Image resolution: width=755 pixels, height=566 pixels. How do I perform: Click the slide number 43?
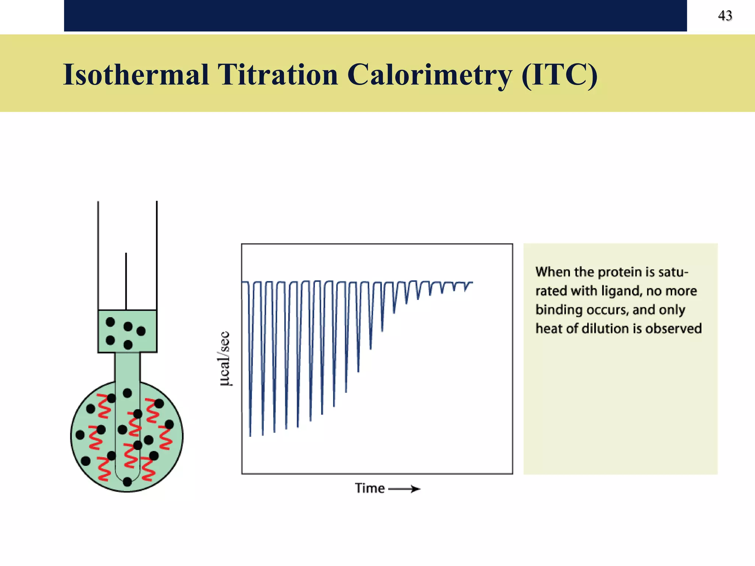(x=725, y=15)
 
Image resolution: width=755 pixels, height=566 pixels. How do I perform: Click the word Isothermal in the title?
(x=136, y=75)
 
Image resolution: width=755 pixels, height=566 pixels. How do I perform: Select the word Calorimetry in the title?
(x=429, y=75)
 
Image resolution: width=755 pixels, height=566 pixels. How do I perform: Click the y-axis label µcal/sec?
(x=225, y=359)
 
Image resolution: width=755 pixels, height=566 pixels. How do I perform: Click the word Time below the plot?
(x=369, y=488)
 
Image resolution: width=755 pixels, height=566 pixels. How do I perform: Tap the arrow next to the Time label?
(x=405, y=489)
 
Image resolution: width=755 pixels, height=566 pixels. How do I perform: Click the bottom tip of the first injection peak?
(x=250, y=436)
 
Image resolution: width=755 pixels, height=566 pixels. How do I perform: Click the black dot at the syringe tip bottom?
(x=127, y=481)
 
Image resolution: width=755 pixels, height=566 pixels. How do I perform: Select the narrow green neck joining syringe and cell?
(x=127, y=367)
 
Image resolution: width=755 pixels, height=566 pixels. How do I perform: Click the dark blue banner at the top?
(x=375, y=15)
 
